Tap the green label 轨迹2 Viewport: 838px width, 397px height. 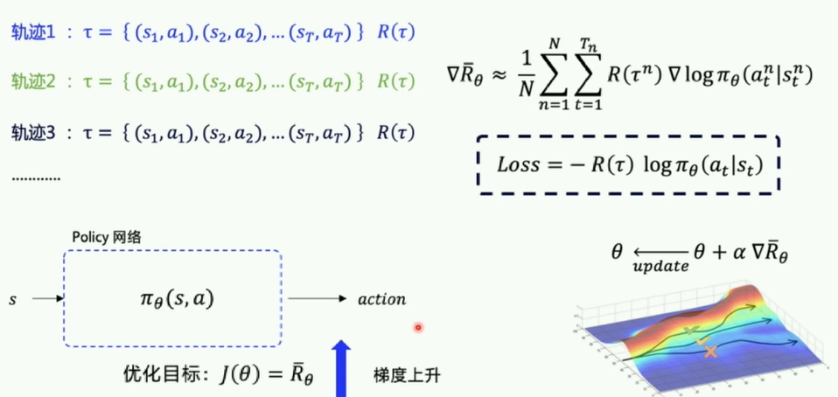(33, 82)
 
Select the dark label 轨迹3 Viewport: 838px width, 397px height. (33, 133)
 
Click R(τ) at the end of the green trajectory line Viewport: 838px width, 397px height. (395, 82)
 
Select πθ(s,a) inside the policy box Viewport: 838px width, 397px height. (171, 299)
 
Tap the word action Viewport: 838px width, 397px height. (382, 299)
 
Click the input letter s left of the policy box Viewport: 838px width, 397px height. (12, 299)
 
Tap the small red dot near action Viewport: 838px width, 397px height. (419, 328)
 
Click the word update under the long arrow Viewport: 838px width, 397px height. (658, 267)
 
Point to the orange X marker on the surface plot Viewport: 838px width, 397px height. (710, 351)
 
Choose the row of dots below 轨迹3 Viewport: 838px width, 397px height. (36, 178)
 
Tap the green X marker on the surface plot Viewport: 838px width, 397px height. (692, 331)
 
